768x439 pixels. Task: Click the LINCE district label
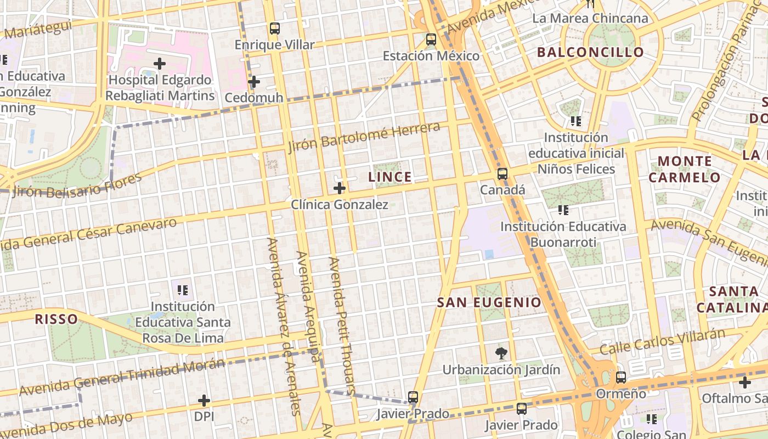(x=389, y=177)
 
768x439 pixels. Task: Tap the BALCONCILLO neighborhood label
(x=590, y=53)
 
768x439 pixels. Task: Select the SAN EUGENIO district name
(x=489, y=302)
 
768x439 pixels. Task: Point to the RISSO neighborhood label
(x=56, y=319)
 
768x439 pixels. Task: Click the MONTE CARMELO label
(x=684, y=169)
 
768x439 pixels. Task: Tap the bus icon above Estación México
(x=431, y=40)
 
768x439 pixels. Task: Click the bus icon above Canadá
(x=502, y=174)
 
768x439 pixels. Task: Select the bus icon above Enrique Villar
(x=275, y=29)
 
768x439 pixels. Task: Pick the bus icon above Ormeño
(x=621, y=378)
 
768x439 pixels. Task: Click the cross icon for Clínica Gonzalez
(x=340, y=188)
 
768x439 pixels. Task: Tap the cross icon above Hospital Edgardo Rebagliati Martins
(x=160, y=64)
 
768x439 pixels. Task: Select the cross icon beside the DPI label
(x=204, y=401)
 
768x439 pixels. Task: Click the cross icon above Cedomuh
(x=253, y=82)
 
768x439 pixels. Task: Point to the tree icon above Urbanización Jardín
(x=501, y=353)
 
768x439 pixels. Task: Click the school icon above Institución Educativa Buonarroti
(x=563, y=210)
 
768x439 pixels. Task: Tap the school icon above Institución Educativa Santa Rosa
(x=183, y=289)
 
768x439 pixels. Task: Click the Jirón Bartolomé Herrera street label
(x=364, y=138)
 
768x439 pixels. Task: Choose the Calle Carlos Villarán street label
(x=663, y=341)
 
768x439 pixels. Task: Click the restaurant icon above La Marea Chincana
(x=590, y=4)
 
